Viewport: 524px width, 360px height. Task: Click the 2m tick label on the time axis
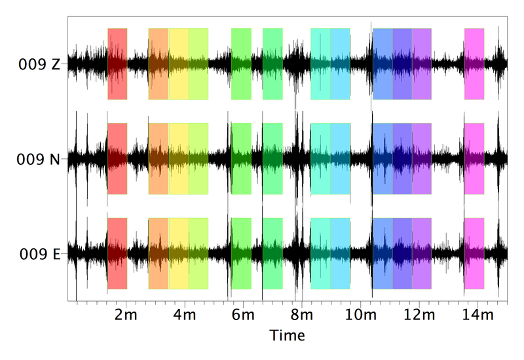click(x=126, y=315)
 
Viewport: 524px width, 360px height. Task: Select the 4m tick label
click(x=185, y=315)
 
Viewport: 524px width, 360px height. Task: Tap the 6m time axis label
click(x=242, y=315)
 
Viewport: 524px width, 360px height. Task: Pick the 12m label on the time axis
click(x=417, y=315)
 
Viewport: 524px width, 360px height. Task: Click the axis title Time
click(x=288, y=336)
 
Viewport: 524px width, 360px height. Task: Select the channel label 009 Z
click(x=39, y=64)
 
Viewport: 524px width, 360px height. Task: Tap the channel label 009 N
click(x=39, y=159)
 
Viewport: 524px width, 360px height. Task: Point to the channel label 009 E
click(x=39, y=253)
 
